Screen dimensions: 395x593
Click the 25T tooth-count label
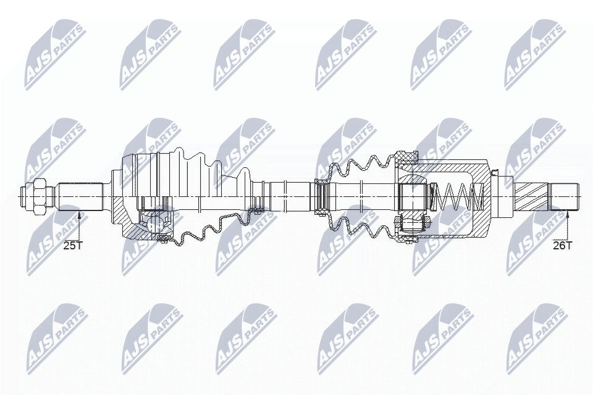[x=73, y=245]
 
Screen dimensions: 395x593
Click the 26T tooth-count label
[x=563, y=245]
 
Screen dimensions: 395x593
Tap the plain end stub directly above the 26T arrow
[x=566, y=196]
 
